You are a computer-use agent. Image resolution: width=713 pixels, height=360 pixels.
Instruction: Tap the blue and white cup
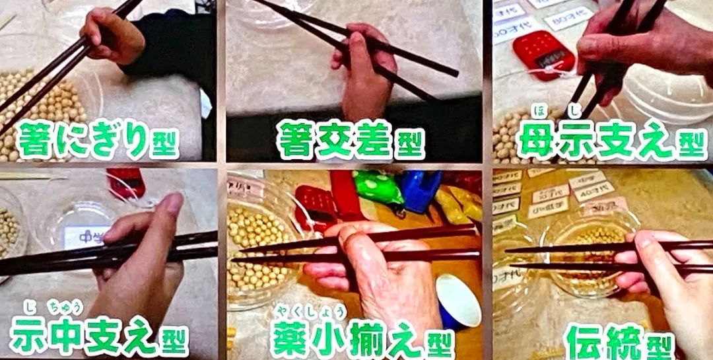458,301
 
